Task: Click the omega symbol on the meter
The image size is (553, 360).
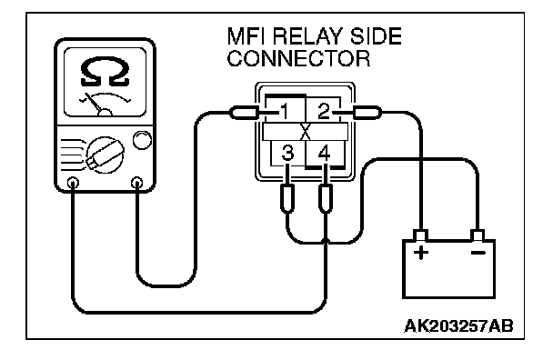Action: coord(105,72)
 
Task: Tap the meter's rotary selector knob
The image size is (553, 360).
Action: coord(106,155)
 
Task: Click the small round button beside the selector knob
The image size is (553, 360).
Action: coord(142,140)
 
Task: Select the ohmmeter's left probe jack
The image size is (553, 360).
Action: coord(73,183)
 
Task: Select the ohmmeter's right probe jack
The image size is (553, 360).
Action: coord(136,183)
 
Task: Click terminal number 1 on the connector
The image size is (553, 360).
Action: coord(285,112)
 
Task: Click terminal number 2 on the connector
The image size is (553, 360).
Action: coord(324,112)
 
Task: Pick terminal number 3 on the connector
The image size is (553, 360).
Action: coord(287,154)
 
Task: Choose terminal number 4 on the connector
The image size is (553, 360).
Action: coord(324,154)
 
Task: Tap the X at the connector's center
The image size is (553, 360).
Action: coord(305,132)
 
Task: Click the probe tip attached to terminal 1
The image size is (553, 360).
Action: coord(245,114)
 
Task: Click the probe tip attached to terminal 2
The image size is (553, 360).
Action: coord(367,113)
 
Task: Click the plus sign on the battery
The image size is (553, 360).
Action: coord(421,253)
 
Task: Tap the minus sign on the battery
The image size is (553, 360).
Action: coord(478,253)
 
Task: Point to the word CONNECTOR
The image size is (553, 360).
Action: coord(298,58)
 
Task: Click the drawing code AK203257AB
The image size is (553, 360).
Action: coord(458,326)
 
